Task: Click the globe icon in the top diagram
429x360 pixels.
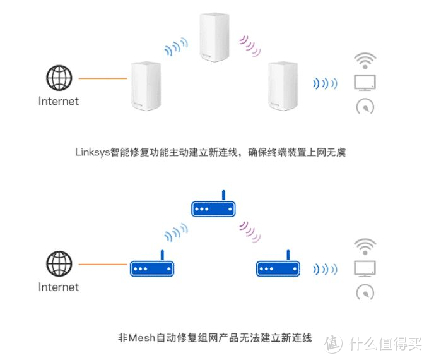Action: click(59, 78)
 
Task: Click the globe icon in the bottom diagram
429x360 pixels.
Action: click(59, 264)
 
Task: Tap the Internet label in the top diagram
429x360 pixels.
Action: click(59, 101)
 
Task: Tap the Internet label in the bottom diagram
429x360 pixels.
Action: click(59, 287)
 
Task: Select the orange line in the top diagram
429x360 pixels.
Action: click(103, 78)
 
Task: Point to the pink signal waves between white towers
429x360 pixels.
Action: click(249, 45)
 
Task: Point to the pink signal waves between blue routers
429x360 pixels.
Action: click(249, 231)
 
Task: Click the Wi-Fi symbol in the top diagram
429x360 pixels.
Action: click(365, 61)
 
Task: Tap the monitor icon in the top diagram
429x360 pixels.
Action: click(365, 82)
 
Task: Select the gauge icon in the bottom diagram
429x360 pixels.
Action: click(365, 293)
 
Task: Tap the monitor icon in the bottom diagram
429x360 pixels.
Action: click(365, 268)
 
